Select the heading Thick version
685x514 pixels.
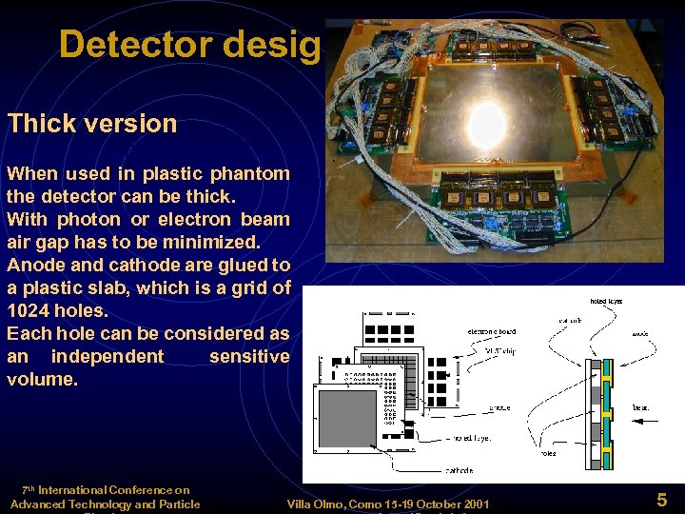pos(92,123)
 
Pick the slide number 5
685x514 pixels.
pos(661,499)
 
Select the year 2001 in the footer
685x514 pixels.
pos(473,504)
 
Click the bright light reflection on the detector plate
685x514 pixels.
pos(487,122)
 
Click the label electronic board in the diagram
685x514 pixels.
pos(492,331)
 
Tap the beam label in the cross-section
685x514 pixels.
pos(641,406)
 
